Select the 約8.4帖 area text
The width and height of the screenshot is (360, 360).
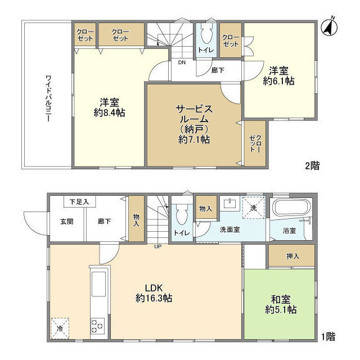click(110, 112)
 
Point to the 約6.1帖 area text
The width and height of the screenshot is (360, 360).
click(279, 81)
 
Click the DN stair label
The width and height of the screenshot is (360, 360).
click(182, 62)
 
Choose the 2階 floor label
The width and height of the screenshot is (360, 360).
click(312, 166)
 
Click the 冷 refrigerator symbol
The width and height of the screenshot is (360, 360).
click(59, 327)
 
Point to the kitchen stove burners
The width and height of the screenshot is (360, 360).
click(98, 326)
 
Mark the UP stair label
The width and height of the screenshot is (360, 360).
click(158, 246)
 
